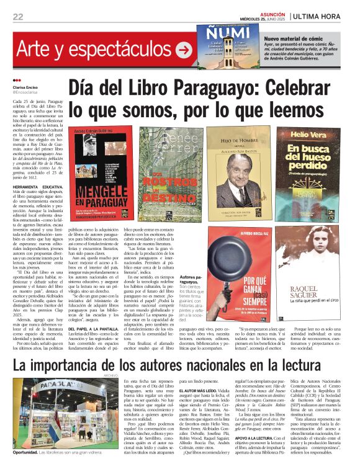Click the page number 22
[17, 16]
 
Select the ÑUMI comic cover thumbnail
[220, 45]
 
